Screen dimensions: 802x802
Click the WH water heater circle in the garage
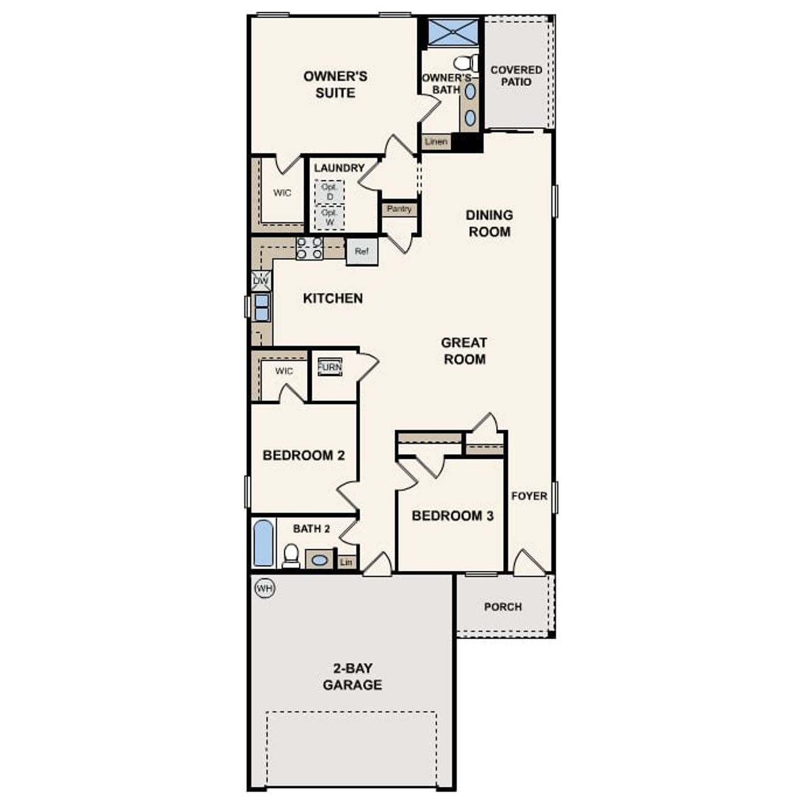click(265, 588)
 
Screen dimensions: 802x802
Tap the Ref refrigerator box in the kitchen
click(362, 251)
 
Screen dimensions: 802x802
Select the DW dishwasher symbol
click(261, 281)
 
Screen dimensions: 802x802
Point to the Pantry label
click(399, 209)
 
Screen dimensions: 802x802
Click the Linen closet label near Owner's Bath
click(436, 142)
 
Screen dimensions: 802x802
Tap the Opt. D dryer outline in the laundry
click(329, 192)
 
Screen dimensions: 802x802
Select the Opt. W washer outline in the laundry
click(329, 217)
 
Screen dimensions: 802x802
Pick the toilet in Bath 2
click(291, 555)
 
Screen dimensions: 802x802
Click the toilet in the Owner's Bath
click(465, 63)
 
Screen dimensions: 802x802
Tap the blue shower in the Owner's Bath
click(452, 32)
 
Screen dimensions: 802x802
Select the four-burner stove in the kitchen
click(310, 248)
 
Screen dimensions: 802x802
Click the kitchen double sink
click(261, 307)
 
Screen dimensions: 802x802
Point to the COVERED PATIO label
click(516, 76)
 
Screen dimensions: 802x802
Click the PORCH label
click(503, 607)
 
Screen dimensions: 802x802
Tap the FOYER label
click(529, 496)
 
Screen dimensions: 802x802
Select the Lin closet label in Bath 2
click(346, 563)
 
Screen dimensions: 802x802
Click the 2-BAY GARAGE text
click(352, 677)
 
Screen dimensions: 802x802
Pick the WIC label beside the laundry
click(282, 193)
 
